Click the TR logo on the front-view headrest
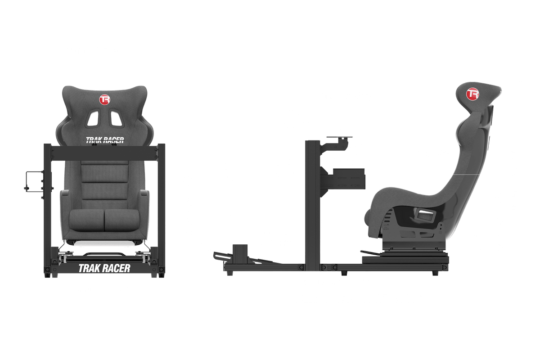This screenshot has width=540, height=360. pyautogui.click(x=105, y=99)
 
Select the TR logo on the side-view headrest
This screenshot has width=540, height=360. pyautogui.click(x=472, y=94)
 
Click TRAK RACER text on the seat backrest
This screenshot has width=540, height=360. pyautogui.click(x=104, y=140)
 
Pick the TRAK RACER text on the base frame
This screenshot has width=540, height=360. pyautogui.click(x=104, y=268)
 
